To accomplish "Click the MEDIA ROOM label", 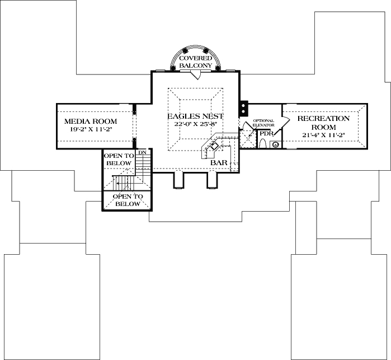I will pos(90,121).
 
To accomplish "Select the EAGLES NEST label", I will pos(195,116).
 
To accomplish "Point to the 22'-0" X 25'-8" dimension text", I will pos(195,124).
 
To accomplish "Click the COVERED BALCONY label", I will pos(195,62).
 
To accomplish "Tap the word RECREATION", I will pos(323,118).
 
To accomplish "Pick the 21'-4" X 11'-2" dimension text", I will pos(323,135).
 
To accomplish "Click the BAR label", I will pos(218,162).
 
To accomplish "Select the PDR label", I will pos(265,134).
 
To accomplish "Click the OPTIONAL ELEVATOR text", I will pos(263,123).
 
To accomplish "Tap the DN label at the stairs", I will pos(142,152).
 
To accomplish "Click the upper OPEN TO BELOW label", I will pos(119,159).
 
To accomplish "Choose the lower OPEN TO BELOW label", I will pos(128,200).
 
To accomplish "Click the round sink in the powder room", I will pos(275,144).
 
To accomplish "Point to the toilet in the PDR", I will pos(263,143).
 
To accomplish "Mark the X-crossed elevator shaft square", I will pos(247,139).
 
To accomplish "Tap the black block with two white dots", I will pos(244,106).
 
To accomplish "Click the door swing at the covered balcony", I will pos(195,74).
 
